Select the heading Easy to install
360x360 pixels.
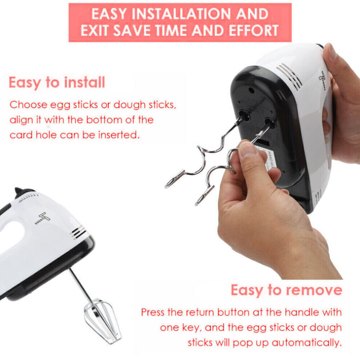[57, 82]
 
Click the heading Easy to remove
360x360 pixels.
[286, 290]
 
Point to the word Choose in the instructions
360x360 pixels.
[28, 105]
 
